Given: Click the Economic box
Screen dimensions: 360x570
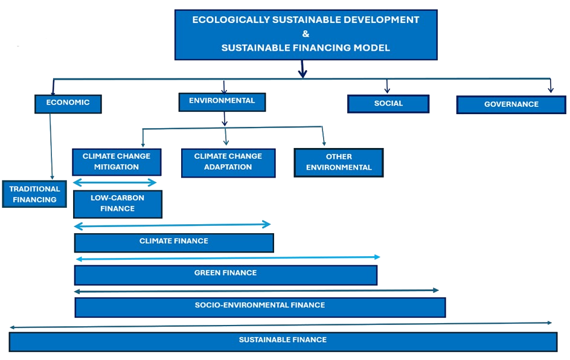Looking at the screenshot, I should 68,103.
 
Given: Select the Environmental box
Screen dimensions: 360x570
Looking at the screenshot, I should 222,101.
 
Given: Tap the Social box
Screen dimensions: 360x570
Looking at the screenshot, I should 388,103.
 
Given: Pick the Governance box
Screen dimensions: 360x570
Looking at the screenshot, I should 511,104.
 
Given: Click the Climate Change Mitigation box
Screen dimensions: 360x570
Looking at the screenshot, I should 116,161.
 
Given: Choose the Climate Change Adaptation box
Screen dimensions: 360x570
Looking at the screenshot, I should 228,162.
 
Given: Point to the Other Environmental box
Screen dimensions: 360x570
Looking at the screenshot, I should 338,162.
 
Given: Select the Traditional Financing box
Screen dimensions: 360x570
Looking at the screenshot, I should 34,194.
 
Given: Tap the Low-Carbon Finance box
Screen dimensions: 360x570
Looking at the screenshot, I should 117,204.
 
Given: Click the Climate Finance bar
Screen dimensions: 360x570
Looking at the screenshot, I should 173,242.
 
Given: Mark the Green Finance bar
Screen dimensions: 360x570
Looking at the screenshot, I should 225,274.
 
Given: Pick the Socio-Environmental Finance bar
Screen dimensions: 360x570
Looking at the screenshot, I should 260,306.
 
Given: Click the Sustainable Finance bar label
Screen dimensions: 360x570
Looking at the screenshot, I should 283,340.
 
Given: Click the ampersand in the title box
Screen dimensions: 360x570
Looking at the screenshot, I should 305,34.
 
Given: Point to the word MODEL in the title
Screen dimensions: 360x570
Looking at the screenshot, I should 373,48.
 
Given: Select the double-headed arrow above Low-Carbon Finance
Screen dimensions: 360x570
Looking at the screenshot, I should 115,182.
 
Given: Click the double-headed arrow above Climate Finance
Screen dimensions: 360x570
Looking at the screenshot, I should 172,225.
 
